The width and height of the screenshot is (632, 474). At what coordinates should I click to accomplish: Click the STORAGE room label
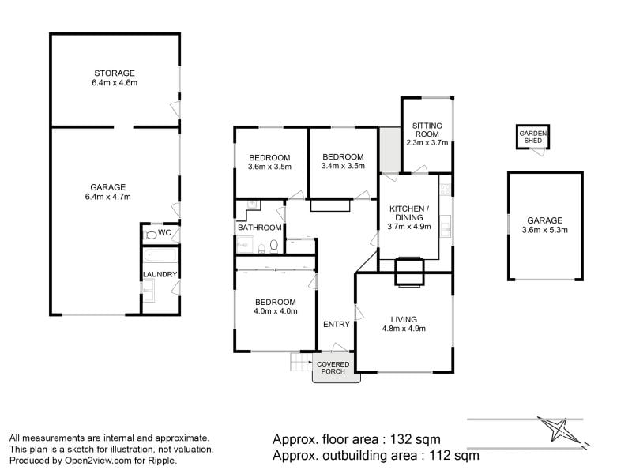pos(115,73)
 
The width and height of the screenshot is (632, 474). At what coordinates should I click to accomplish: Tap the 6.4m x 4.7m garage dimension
pos(108,197)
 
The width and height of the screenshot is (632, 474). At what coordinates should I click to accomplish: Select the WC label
pos(164,232)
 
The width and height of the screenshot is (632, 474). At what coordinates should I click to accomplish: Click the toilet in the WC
pos(150,235)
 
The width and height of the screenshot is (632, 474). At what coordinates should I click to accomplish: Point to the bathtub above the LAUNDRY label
pos(160,255)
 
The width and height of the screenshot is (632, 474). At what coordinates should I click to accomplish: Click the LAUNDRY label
pos(160,274)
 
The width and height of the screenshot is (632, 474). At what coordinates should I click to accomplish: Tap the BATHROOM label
pos(260,228)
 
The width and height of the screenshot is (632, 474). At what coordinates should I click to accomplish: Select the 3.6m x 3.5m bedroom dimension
pos(269,167)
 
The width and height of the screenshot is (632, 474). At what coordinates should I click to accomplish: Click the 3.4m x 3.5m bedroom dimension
pos(343,166)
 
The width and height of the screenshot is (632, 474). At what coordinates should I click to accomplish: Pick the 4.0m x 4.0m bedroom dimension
pos(276,311)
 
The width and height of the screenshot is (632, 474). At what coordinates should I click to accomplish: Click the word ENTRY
pos(337,325)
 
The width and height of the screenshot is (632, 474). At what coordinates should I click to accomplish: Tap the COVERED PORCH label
pos(333,368)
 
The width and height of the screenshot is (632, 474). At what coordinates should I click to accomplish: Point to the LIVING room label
pos(404,320)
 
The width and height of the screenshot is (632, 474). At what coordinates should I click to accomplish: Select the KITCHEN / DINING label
pos(409,213)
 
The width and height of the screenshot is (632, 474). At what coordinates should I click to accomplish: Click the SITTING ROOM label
pos(427,130)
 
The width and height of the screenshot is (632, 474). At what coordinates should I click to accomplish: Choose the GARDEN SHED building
pos(532,137)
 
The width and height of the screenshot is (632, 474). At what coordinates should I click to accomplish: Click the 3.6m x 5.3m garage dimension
pos(545,230)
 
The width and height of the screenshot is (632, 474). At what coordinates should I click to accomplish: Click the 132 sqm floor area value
pos(416,439)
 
